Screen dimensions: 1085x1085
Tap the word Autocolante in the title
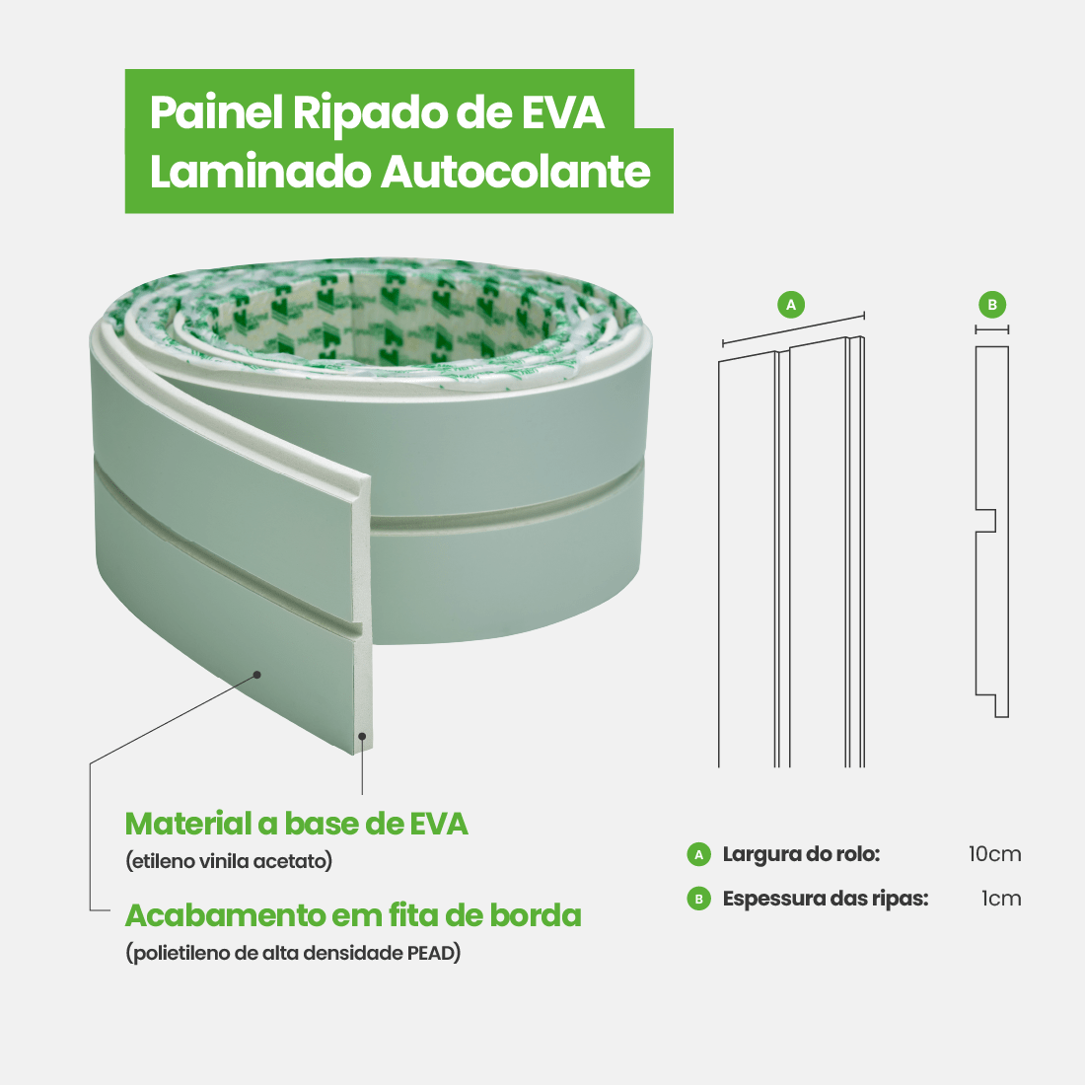pyautogui.click(x=516, y=172)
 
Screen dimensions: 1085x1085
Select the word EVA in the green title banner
pyautogui.click(x=562, y=112)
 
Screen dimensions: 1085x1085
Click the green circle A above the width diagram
pyautogui.click(x=791, y=305)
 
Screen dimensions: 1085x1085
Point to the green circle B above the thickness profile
pyautogui.click(x=992, y=305)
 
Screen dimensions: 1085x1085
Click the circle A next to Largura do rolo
pyautogui.click(x=698, y=854)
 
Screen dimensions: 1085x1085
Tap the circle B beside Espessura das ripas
pyautogui.click(x=698, y=899)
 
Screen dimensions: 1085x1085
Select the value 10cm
pyautogui.click(x=994, y=854)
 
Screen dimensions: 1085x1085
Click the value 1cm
pyautogui.click(x=1000, y=899)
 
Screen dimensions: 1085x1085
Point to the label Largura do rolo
pyautogui.click(x=801, y=854)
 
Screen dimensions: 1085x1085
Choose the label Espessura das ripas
pyautogui.click(x=825, y=899)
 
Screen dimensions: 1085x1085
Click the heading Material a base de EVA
pyautogui.click(x=296, y=824)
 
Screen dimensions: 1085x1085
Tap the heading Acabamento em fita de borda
pyautogui.click(x=353, y=915)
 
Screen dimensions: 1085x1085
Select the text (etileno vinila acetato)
pyautogui.click(x=229, y=861)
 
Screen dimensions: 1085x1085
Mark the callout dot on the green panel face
pyautogui.click(x=256, y=675)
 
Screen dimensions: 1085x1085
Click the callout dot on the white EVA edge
pyautogui.click(x=363, y=735)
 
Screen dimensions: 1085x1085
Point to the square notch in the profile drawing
pyautogui.click(x=986, y=521)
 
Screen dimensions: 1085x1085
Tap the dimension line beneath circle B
pyautogui.click(x=992, y=329)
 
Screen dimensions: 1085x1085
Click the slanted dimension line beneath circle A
pyautogui.click(x=793, y=329)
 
